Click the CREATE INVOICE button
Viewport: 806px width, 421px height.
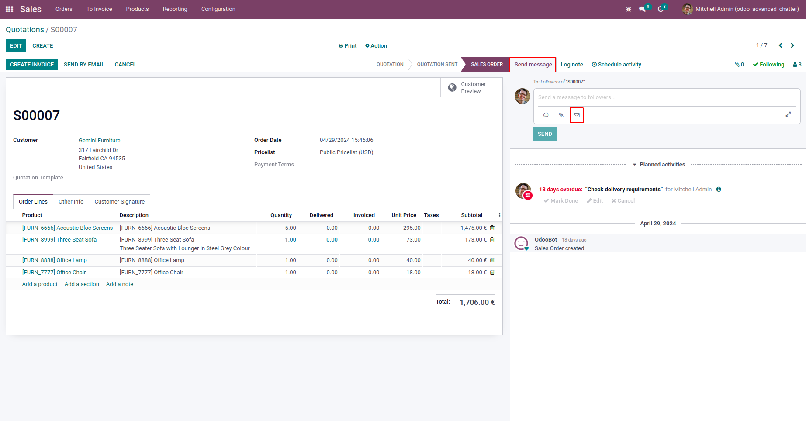click(32, 65)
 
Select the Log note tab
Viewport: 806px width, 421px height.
click(572, 65)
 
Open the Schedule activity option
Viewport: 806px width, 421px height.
click(616, 65)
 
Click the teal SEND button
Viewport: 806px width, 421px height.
click(545, 134)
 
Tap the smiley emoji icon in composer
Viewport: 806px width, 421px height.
click(546, 115)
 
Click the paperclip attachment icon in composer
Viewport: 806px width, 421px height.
click(561, 115)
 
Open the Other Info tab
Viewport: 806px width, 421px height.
click(71, 202)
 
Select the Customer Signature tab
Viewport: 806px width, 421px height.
click(119, 202)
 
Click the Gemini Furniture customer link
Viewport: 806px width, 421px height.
click(100, 141)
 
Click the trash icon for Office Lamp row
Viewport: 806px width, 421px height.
click(492, 260)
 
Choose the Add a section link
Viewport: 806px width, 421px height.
click(82, 284)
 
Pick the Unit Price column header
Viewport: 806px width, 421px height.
click(404, 215)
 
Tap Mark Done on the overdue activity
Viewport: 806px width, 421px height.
click(561, 201)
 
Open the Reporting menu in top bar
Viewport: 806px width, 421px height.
click(175, 9)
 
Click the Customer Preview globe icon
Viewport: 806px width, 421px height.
click(452, 88)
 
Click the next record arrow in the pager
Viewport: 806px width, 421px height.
click(792, 45)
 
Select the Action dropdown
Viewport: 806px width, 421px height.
click(376, 46)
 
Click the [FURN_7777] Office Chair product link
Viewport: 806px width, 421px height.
click(54, 273)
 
